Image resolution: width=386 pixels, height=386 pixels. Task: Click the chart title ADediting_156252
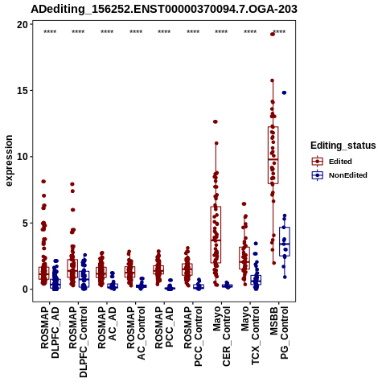[164, 9]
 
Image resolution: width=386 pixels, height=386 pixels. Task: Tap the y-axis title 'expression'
[9, 161]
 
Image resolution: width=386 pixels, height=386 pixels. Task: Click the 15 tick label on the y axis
[23, 91]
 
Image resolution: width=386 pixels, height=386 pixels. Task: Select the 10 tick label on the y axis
[23, 157]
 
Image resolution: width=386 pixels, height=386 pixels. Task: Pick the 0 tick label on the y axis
[26, 289]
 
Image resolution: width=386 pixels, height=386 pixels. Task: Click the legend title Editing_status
[343, 146]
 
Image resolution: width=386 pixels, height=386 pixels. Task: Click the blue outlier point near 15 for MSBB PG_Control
[284, 92]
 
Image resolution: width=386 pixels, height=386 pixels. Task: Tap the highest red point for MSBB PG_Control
[273, 34]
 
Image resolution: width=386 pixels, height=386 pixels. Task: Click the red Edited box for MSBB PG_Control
[273, 155]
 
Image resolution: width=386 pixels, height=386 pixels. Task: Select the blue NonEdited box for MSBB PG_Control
[285, 242]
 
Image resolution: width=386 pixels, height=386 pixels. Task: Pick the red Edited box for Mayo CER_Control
[216, 235]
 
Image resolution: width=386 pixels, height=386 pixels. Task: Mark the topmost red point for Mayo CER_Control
[216, 121]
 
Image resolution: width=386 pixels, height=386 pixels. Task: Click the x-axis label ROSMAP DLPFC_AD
[50, 332]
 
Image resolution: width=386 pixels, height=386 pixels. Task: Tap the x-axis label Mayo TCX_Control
[250, 335]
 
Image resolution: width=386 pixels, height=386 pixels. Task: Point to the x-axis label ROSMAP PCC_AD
[164, 327]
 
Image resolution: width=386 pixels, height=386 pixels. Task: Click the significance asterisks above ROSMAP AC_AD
[107, 32]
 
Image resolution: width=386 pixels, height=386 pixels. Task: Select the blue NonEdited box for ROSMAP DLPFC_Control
[84, 279]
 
